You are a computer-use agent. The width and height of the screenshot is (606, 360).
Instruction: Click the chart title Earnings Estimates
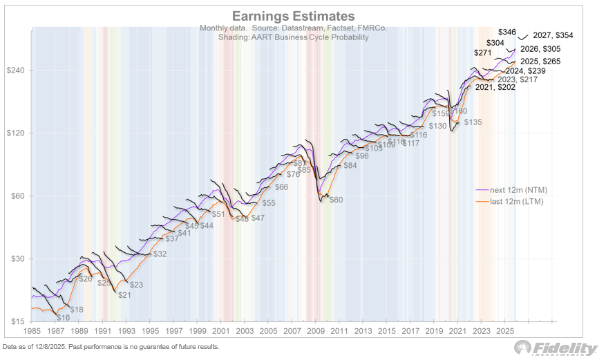coord(293,16)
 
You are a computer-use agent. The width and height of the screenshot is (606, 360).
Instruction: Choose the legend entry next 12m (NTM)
coord(509,189)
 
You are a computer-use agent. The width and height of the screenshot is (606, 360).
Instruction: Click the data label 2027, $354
coord(553,35)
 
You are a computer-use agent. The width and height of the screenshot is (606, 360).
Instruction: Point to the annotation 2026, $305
coord(542,49)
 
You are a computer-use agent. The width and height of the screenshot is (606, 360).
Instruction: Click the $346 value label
coord(506,32)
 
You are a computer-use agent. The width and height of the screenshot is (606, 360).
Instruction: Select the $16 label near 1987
coord(63,317)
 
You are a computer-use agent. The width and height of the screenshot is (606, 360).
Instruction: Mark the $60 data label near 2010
coord(336,200)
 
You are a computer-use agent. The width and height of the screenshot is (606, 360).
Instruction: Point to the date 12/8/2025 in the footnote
coord(53,346)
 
